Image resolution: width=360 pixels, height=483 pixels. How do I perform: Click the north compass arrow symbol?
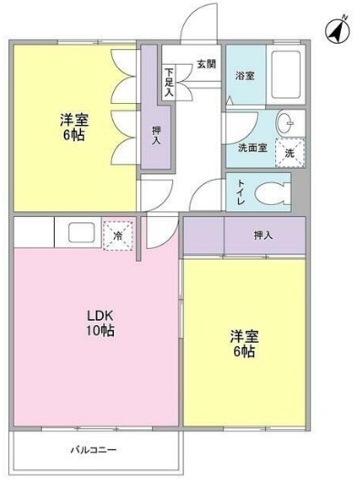[336, 30]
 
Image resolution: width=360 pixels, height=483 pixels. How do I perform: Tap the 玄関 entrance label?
[206, 64]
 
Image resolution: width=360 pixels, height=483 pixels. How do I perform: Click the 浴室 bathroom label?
[244, 76]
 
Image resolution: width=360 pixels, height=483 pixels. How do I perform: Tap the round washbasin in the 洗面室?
[285, 123]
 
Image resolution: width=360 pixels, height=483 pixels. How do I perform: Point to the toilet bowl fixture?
[271, 192]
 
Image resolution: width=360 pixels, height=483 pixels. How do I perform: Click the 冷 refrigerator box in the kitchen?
[118, 234]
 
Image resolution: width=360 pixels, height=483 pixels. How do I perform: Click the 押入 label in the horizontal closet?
[262, 236]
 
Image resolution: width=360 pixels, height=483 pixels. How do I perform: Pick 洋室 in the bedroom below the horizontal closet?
[243, 335]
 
